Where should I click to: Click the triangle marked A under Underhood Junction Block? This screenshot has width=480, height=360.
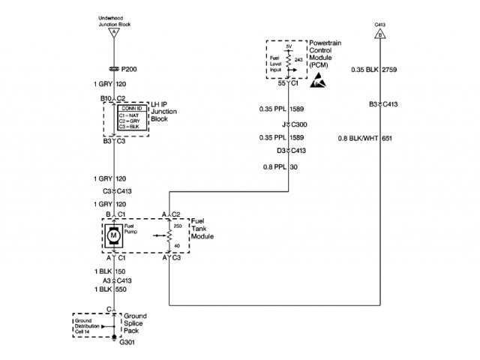point(114,34)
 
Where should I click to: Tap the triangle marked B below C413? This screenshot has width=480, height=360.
point(380,34)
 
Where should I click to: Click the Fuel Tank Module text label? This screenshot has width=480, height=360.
point(202,229)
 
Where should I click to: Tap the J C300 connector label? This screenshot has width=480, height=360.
point(290,124)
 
